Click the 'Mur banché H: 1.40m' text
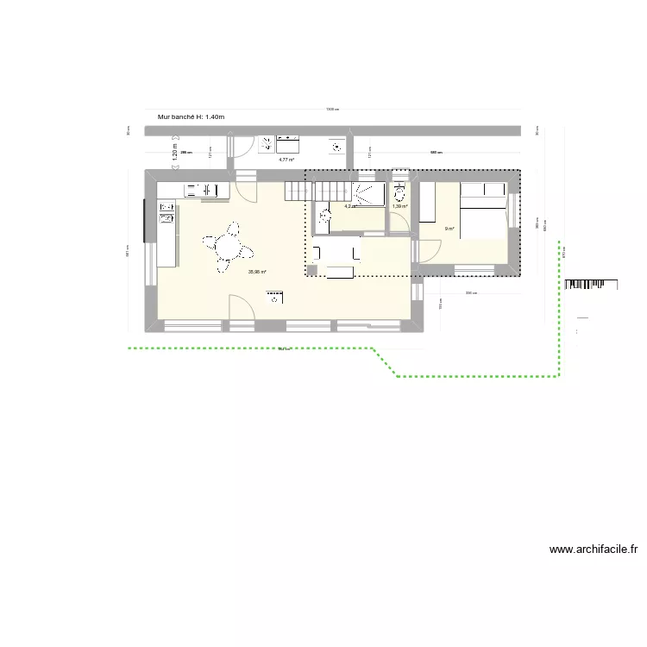[x=192, y=117]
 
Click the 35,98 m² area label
[x=258, y=273]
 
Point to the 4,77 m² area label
[x=286, y=160]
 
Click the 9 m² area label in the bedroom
[x=449, y=229]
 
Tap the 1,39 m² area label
[x=399, y=206]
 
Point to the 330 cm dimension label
[x=471, y=294]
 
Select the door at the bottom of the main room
[x=239, y=306]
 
